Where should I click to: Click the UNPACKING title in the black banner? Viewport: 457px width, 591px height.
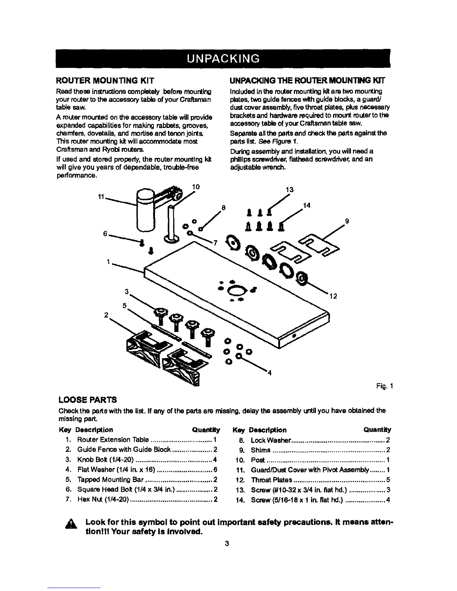(223, 59)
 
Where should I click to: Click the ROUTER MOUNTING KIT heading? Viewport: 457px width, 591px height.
(105, 80)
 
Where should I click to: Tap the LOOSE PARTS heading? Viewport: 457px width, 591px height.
(88, 400)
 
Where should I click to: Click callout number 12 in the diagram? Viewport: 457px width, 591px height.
(333, 297)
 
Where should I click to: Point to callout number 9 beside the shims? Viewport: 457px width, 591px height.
(347, 221)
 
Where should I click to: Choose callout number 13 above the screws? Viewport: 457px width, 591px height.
(289, 190)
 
